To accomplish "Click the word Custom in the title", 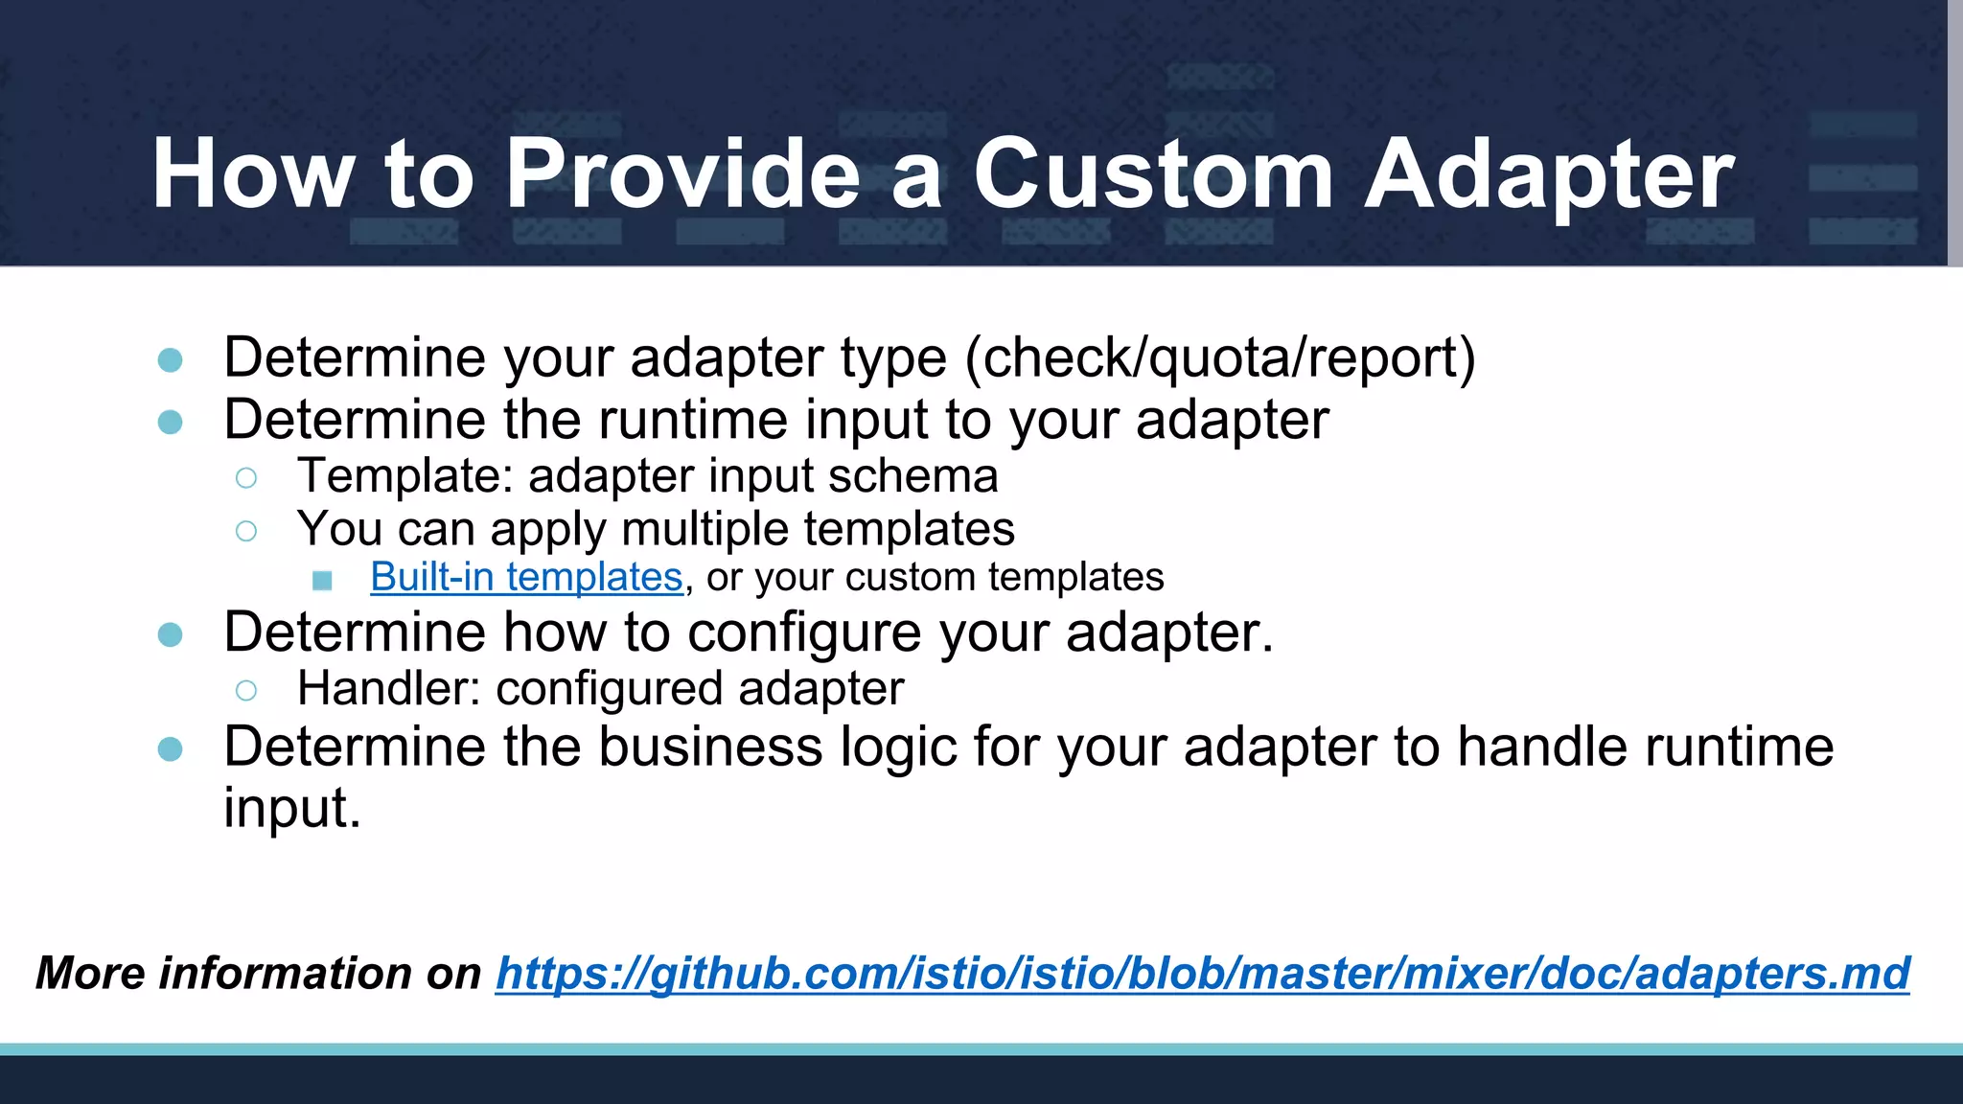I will coord(1152,174).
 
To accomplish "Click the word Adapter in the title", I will coord(1548,174).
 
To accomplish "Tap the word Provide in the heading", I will coord(682,174).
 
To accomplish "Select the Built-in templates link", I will coord(526,578).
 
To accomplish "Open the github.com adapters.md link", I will coord(1202,974).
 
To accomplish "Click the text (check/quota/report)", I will coord(1219,358).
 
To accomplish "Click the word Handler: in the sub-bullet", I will coord(388,689).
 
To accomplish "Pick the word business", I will coord(710,747).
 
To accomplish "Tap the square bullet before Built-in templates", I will coord(322,580).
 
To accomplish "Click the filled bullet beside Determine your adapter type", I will coord(171,360).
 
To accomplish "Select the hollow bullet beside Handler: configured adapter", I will coord(246,690).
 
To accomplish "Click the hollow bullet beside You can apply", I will coord(246,531).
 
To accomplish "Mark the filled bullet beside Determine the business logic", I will coord(171,749).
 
